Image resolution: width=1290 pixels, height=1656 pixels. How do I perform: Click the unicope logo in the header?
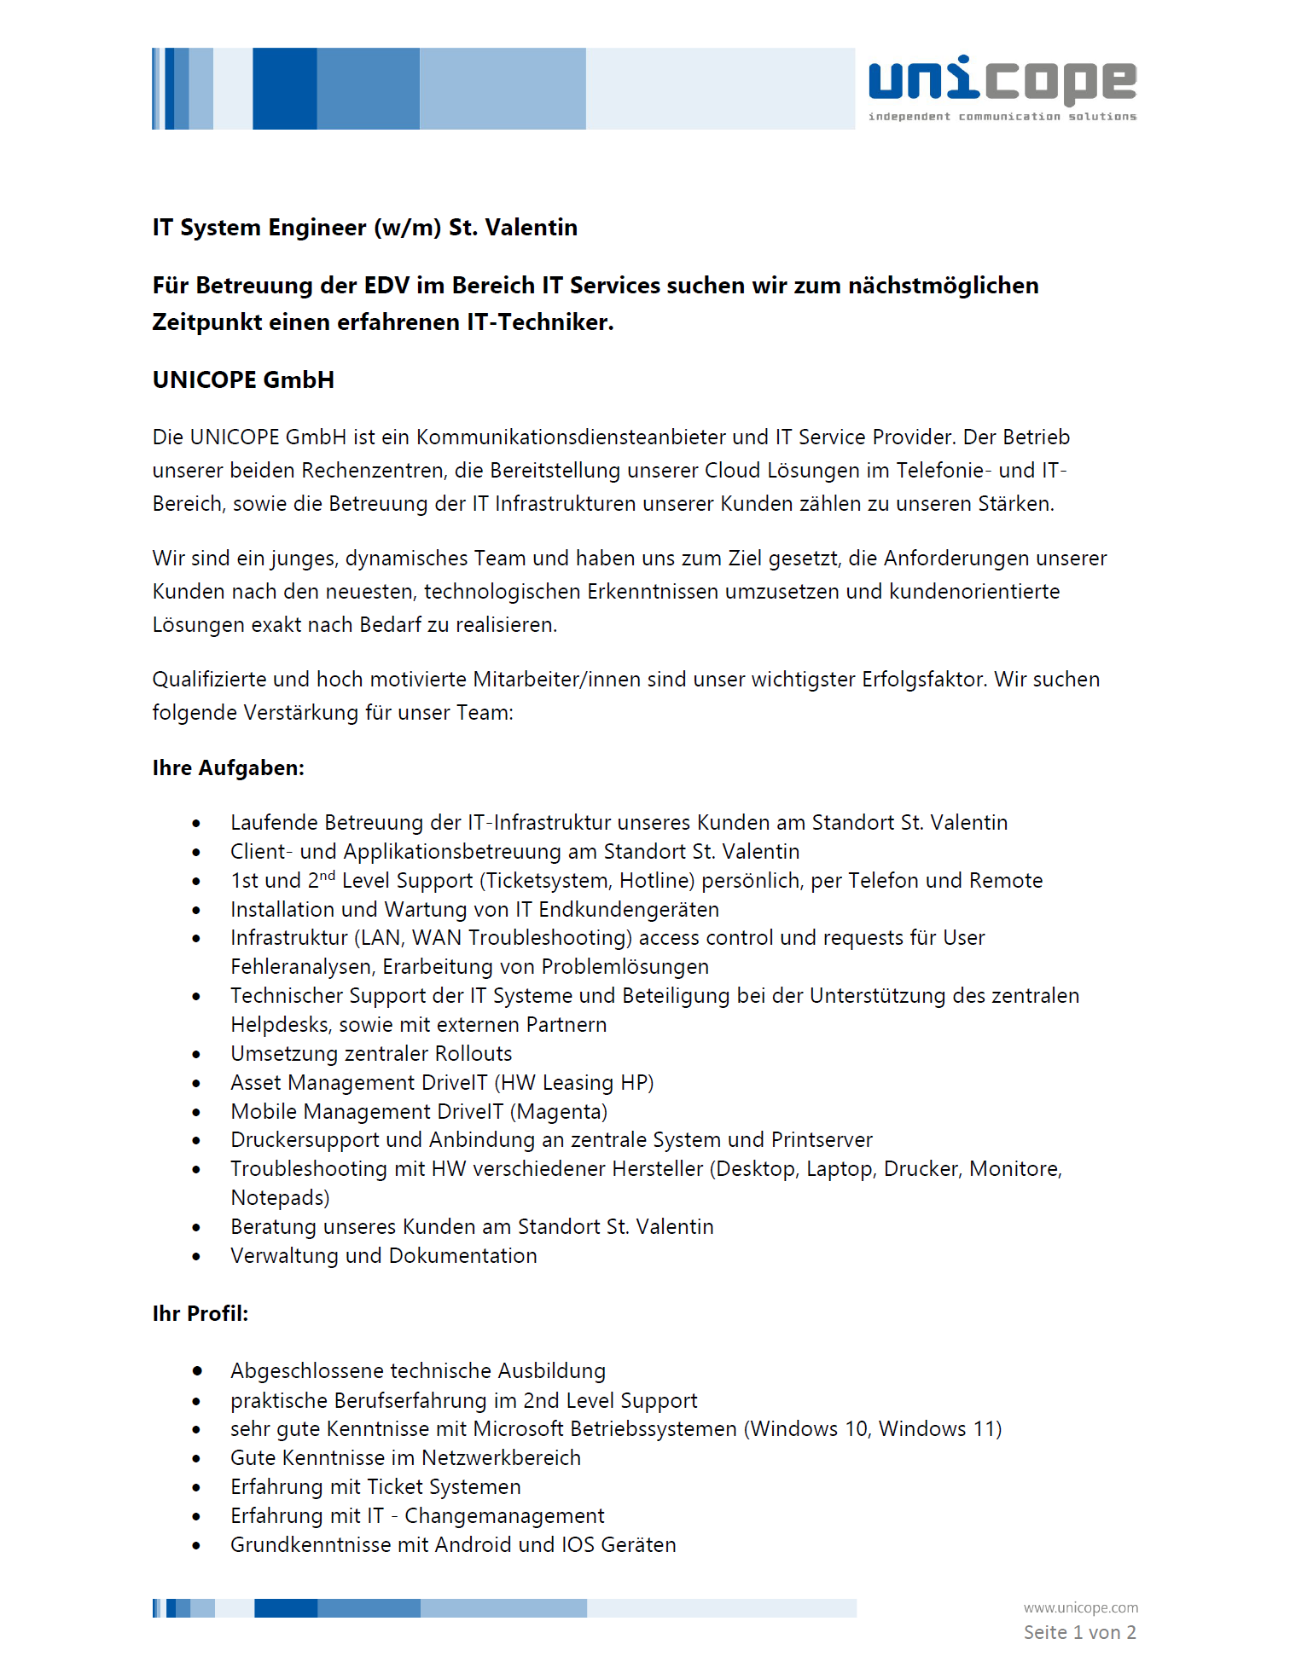1002,81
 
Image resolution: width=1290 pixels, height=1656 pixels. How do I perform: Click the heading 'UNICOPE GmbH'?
243,379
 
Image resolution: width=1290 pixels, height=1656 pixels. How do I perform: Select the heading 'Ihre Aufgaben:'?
228,767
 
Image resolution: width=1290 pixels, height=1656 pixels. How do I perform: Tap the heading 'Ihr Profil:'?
200,1313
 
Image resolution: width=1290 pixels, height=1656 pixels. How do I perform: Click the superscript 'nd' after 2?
328,875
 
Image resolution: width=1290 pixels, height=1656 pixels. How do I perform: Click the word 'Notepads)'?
280,1198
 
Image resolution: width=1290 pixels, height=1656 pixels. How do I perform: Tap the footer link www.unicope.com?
1080,1607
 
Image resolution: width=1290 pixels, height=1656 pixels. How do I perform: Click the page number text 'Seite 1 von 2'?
1079,1632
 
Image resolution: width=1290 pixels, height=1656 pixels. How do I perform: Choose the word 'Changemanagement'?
504,1516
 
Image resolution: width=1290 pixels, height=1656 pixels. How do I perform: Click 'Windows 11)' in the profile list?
940,1429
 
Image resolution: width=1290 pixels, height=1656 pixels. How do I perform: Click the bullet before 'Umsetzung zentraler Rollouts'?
196,1055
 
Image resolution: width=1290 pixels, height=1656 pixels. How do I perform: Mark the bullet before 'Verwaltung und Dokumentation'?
196,1257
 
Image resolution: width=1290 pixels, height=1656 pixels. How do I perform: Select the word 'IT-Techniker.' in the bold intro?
539,322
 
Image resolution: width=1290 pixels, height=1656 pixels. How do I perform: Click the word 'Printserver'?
822,1140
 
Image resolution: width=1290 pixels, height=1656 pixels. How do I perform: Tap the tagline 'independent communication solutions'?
1002,116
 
